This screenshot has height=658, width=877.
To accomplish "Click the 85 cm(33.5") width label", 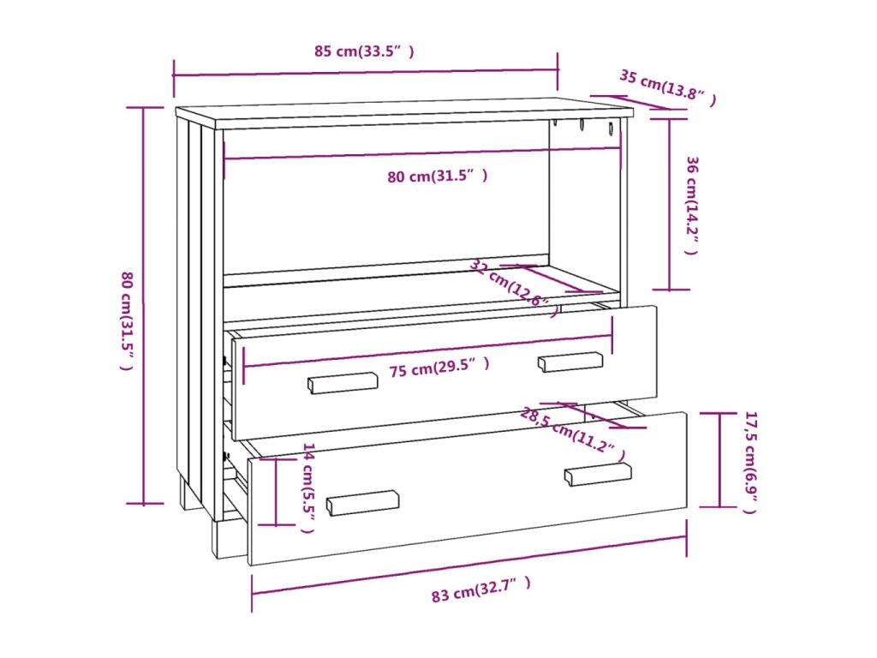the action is [x=364, y=51].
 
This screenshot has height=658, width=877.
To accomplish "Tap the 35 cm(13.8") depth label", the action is [x=667, y=88].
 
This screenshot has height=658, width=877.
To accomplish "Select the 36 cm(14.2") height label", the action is [x=693, y=206].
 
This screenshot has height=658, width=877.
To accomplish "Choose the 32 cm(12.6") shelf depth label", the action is [x=514, y=287].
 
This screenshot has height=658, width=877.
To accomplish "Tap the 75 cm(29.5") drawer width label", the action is [x=439, y=368].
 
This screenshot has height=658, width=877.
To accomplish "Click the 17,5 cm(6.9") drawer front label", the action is [x=749, y=462].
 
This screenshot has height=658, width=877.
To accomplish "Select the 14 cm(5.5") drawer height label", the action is [x=308, y=488].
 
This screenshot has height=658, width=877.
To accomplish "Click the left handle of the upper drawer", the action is [x=343, y=382].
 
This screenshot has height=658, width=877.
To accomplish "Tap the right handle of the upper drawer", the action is [x=570, y=362].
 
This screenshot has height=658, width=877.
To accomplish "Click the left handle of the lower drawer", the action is [x=363, y=502].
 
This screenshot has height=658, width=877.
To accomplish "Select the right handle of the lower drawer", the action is [x=598, y=474].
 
